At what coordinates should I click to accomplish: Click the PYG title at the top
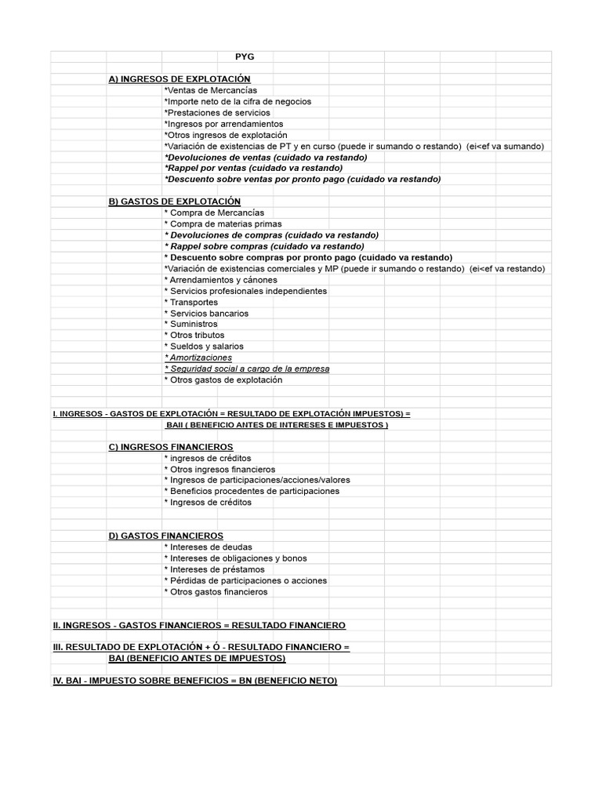(x=245, y=56)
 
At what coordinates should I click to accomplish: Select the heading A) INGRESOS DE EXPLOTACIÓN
(x=180, y=79)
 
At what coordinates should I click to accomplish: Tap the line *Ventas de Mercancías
(x=210, y=90)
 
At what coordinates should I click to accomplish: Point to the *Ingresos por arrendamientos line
(x=223, y=124)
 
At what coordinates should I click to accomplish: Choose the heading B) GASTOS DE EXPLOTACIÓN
(x=175, y=202)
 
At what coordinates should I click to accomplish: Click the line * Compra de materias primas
(x=223, y=224)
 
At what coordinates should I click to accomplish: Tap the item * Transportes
(x=191, y=302)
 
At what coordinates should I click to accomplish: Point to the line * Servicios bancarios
(x=206, y=314)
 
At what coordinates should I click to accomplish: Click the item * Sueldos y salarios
(x=204, y=347)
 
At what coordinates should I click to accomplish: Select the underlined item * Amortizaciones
(x=198, y=358)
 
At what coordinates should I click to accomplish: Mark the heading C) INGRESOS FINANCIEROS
(x=171, y=447)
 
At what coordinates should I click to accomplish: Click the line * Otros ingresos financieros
(x=219, y=470)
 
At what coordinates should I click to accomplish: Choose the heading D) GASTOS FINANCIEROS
(x=166, y=536)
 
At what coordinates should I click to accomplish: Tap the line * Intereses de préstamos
(x=215, y=569)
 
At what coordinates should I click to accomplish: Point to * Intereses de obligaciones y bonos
(x=235, y=558)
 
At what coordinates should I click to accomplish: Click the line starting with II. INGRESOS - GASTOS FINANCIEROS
(x=199, y=625)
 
